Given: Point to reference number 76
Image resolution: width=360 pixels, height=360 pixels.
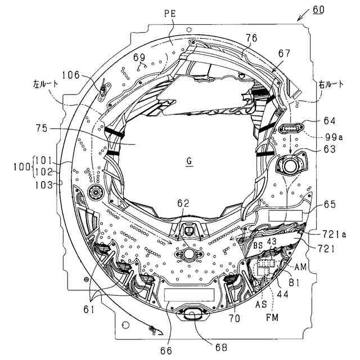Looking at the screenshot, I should click(x=251, y=38).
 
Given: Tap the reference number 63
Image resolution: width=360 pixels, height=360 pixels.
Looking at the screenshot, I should click(x=330, y=150).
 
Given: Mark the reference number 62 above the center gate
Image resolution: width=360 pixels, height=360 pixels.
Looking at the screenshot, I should click(x=183, y=202).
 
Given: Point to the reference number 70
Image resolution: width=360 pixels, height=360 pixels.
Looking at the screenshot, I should click(x=234, y=318).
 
